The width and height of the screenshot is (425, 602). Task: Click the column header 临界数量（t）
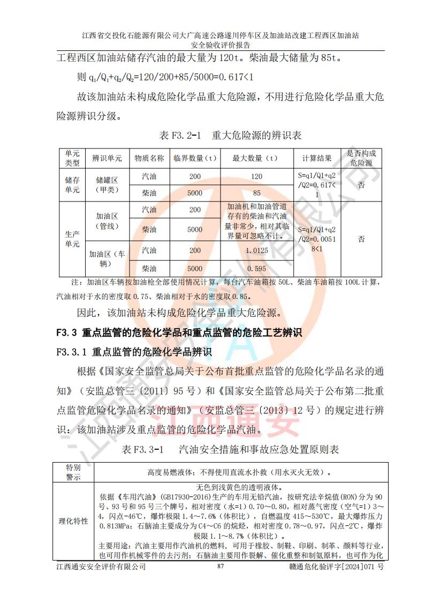click(195, 158)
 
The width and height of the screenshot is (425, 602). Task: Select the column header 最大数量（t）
click(257, 158)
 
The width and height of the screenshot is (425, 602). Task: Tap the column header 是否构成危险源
click(362, 158)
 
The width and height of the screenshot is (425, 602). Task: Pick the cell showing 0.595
click(257, 269)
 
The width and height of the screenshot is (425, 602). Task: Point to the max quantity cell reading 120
click(257, 177)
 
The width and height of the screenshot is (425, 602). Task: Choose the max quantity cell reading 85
click(257, 193)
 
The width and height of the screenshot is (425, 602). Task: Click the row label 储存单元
click(72, 184)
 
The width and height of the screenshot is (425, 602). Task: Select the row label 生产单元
click(72, 239)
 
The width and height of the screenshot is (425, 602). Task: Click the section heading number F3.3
click(67, 333)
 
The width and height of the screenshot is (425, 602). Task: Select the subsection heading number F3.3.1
click(72, 352)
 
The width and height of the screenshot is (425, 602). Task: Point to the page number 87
click(220, 567)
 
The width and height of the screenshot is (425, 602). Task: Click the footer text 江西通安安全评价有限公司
click(101, 567)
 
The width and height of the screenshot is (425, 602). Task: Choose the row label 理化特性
click(73, 521)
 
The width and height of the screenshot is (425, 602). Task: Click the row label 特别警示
click(73, 472)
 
